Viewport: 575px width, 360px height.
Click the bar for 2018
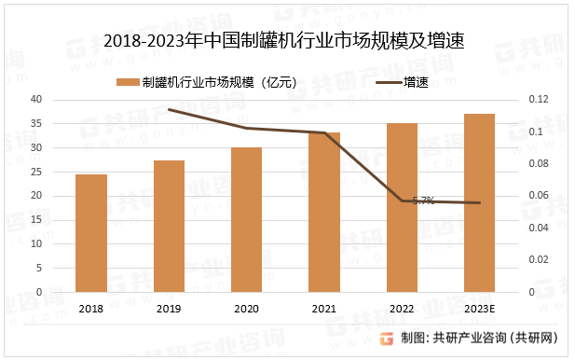[91, 233]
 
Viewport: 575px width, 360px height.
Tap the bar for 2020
[246, 220]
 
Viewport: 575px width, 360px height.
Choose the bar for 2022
[402, 208]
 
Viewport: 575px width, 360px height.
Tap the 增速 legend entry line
[387, 82]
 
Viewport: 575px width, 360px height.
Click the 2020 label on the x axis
[246, 309]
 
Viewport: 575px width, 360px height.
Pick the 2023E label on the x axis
[479, 309]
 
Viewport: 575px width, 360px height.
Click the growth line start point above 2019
[169, 109]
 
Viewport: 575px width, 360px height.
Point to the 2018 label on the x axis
[91, 309]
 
